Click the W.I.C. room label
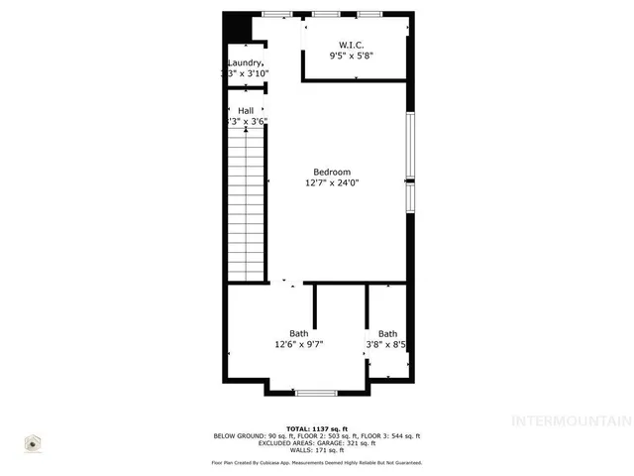pos(352,45)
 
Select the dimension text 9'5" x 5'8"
pos(352,57)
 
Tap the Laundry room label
pos(245,62)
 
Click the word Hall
pos(247,110)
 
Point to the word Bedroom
pos(332,172)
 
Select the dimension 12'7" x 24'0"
pos(332,182)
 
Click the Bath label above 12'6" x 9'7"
pos(298,333)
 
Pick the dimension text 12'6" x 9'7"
pos(299,345)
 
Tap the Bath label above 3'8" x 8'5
pos(387,333)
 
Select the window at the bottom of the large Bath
pos(316,393)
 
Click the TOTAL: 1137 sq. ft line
pos(316,428)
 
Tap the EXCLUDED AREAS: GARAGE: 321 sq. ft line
pos(316,442)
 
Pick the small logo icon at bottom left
pos(33,443)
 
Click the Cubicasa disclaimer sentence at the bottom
pos(316,462)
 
